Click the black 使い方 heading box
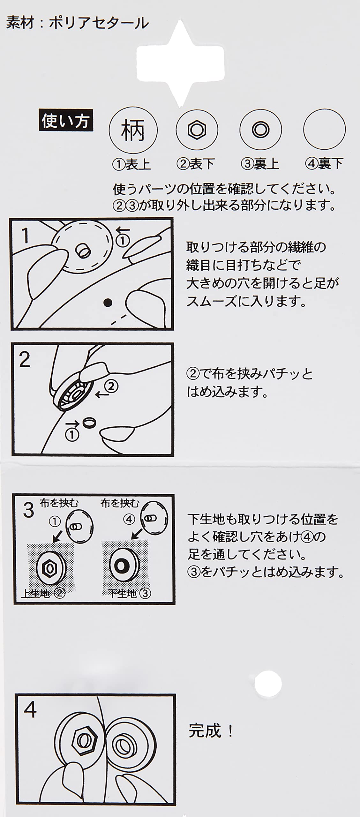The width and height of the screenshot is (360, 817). tap(66, 120)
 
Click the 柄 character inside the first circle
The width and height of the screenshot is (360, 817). tap(133, 130)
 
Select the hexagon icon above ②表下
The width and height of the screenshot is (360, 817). tap(197, 130)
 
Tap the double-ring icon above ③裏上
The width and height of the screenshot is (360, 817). tap(260, 130)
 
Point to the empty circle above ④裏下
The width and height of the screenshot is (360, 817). tap(324, 130)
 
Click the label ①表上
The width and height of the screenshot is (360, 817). tap(131, 164)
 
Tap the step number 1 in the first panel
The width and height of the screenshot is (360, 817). tap(26, 236)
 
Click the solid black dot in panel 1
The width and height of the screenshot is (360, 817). tap(108, 302)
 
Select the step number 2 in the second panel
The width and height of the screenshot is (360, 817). tap(25, 360)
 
